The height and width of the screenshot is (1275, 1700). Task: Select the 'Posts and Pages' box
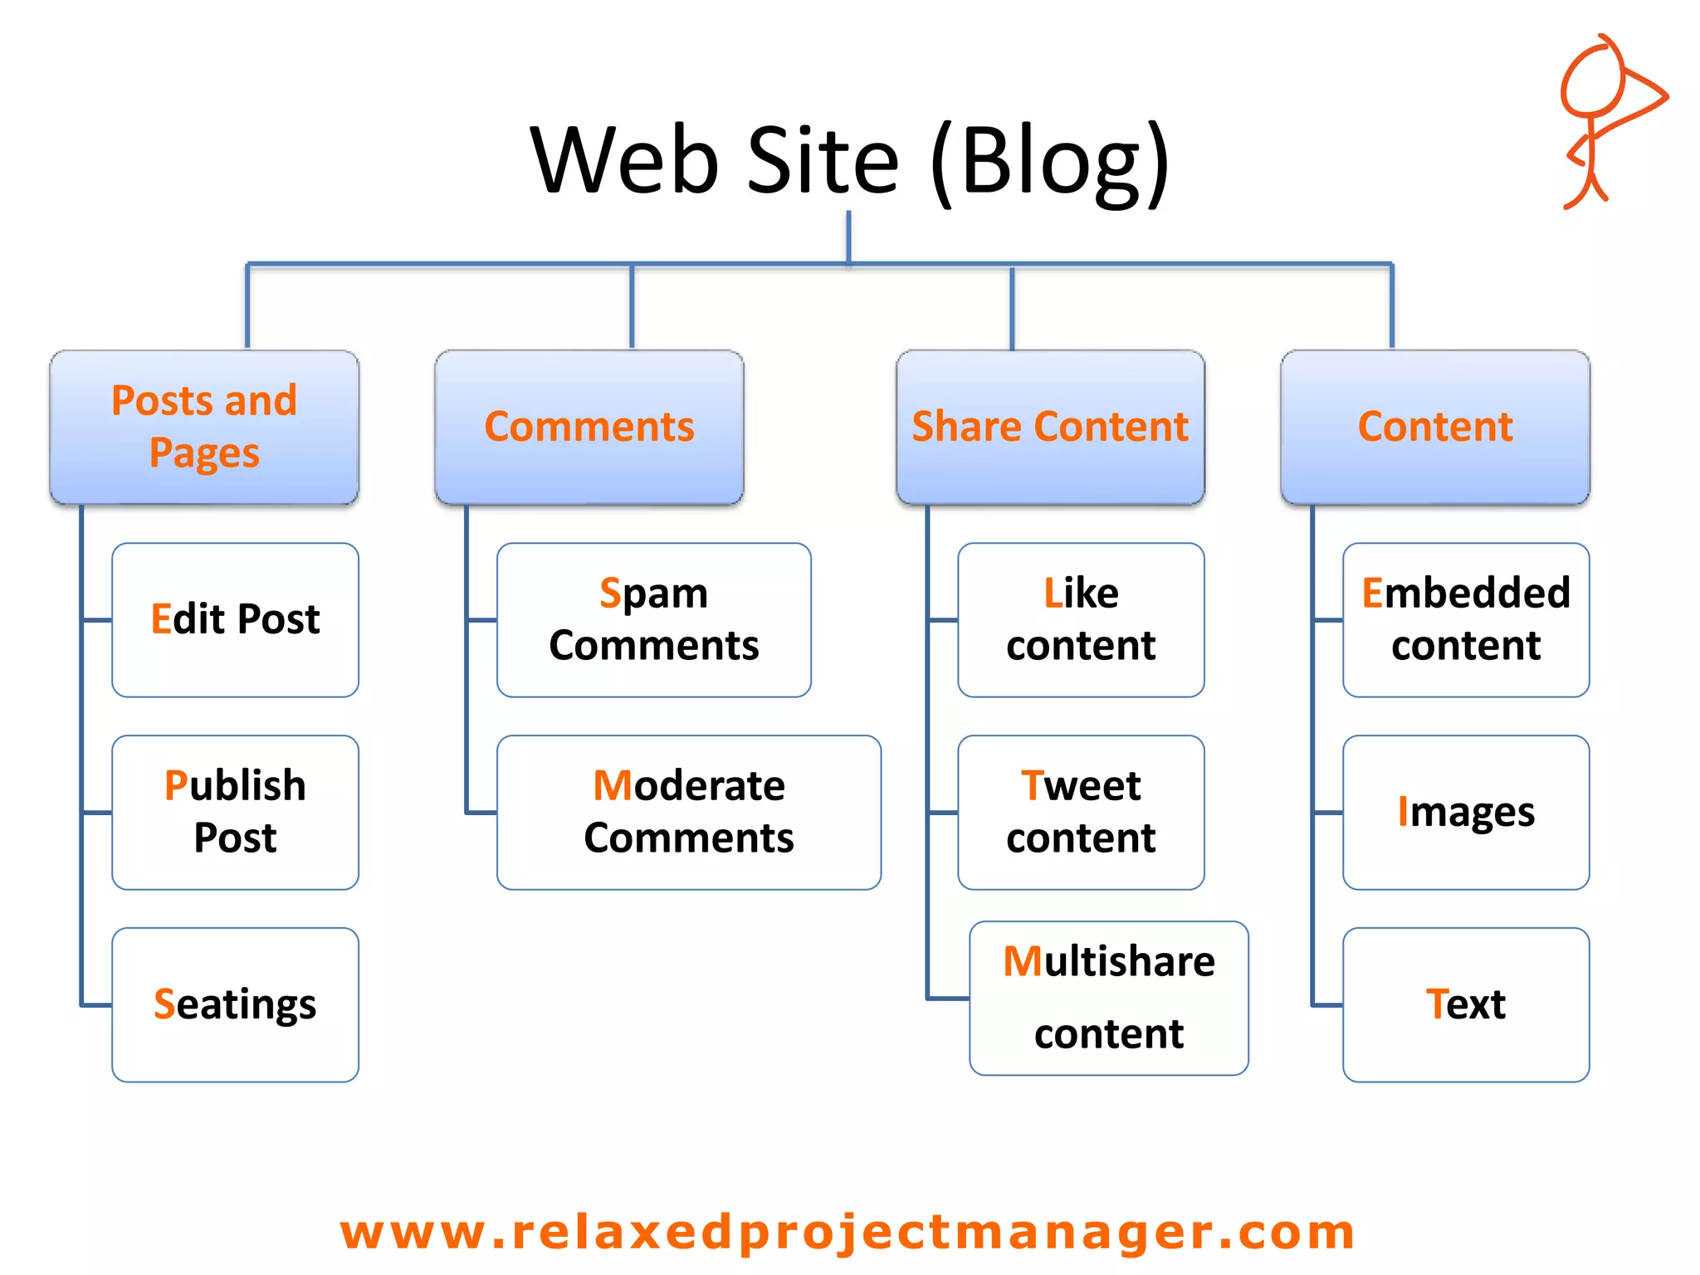204,427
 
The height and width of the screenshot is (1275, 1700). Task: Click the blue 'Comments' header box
589,427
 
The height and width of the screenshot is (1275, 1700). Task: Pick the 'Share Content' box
1050,427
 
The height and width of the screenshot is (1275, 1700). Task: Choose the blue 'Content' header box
1435,427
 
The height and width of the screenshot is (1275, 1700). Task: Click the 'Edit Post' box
236,619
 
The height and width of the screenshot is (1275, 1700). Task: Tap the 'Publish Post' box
236,812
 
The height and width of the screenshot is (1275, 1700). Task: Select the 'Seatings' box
236,1004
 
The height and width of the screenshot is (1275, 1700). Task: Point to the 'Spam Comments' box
654,619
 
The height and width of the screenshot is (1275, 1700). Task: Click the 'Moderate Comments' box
689,812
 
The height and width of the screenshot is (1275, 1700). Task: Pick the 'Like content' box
1081,619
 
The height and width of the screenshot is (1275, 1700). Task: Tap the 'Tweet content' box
1081,812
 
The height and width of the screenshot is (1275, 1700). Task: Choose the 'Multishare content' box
1109,998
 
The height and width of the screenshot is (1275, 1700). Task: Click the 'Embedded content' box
1466,619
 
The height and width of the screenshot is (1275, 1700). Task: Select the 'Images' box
1466,812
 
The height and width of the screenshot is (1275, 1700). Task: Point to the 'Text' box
1466,1004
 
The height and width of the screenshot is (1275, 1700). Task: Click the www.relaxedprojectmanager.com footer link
848,1232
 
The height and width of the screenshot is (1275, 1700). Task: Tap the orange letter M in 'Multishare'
1023,962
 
